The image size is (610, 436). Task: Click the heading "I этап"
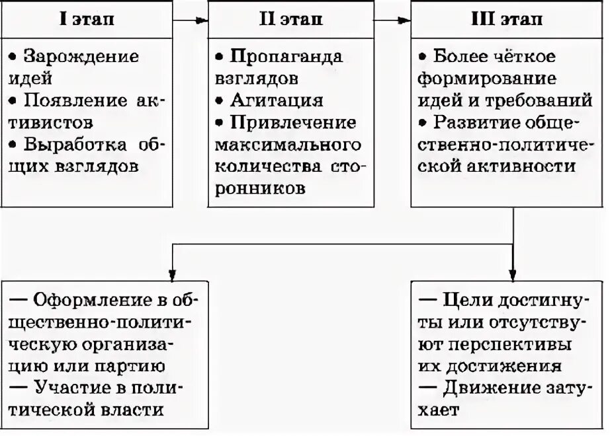coord(87,19)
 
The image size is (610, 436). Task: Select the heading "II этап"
coord(290,19)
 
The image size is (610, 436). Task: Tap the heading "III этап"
coord(507,19)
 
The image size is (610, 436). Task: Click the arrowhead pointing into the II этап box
coord(202,20)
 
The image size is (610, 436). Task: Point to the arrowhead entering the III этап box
coord(405,20)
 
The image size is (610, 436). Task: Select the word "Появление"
coord(70,100)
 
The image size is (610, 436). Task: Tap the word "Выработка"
coord(73,145)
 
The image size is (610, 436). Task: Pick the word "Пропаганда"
coord(286,56)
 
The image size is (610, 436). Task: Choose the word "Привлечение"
coord(293,123)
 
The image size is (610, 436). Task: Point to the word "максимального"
coord(288,145)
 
